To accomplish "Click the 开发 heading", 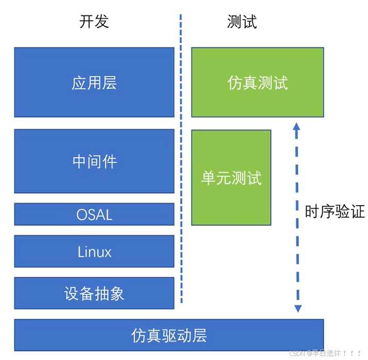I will (94, 22).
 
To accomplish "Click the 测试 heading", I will (242, 22).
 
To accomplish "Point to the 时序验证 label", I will (335, 211).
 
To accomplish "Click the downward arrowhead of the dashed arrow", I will (297, 309).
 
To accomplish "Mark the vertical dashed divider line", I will (181, 155).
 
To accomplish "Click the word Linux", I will (94, 252).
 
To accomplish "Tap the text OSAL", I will (94, 215).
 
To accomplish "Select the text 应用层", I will (94, 83).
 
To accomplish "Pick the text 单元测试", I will (231, 178).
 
